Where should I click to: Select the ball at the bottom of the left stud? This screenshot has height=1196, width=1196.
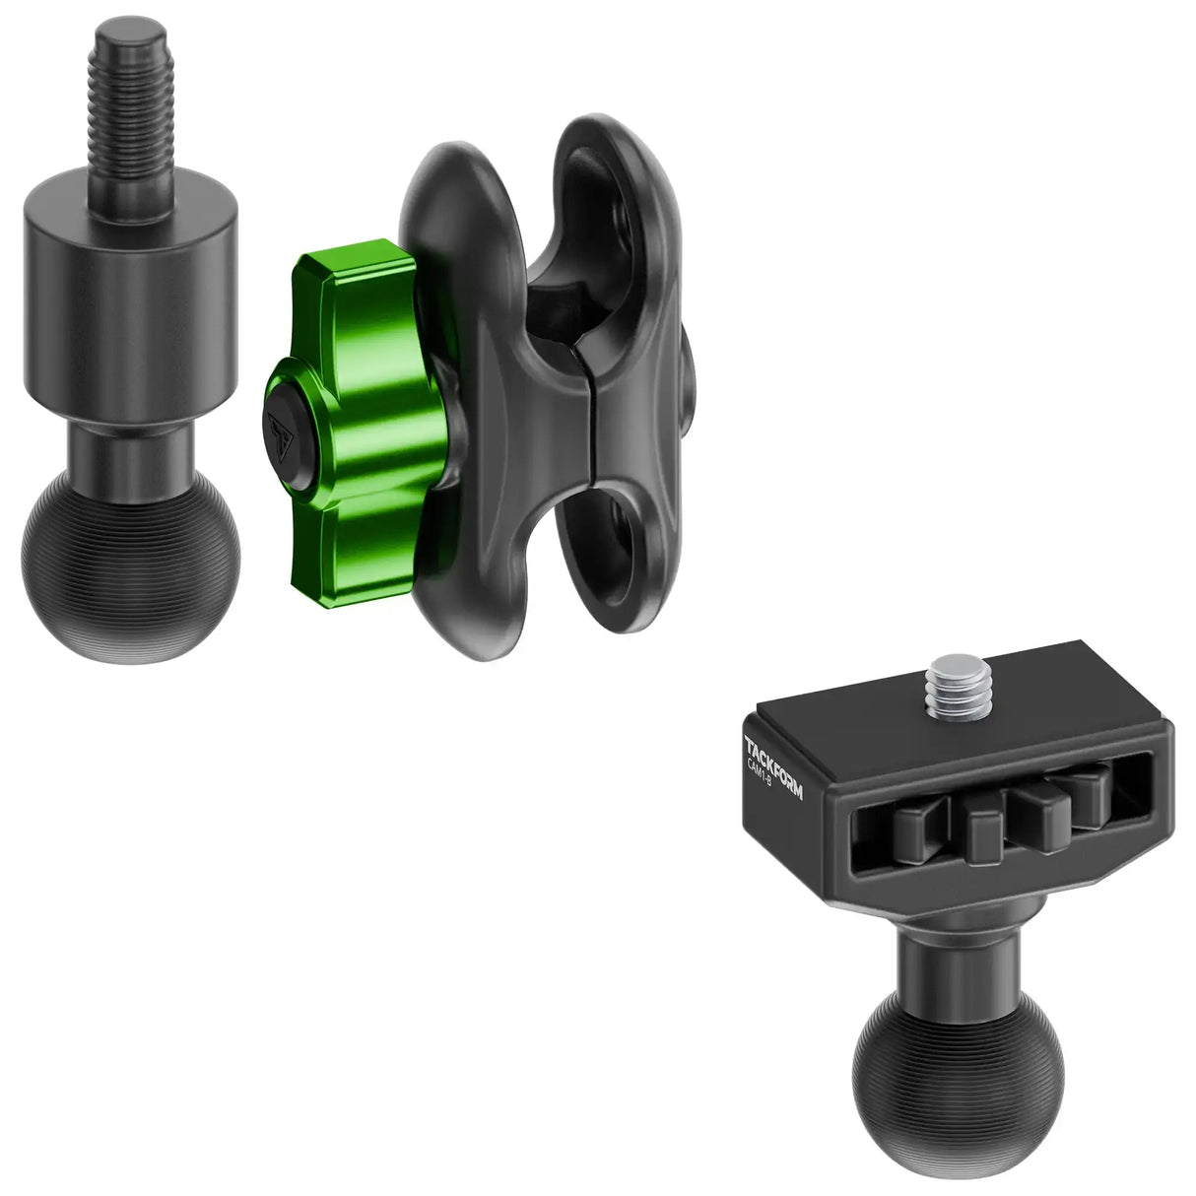[130, 565]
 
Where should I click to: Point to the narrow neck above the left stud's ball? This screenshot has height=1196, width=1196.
[131, 450]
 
